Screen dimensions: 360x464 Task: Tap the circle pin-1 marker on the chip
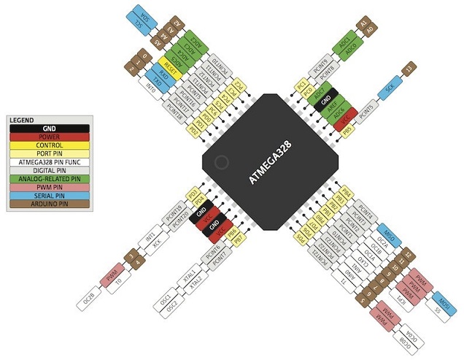pyautogui.click(x=221, y=161)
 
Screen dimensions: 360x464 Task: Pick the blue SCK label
pyautogui.click(x=390, y=88)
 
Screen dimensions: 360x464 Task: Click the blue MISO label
pyautogui.click(x=389, y=236)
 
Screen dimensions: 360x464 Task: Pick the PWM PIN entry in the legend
pyautogui.click(x=50, y=187)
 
